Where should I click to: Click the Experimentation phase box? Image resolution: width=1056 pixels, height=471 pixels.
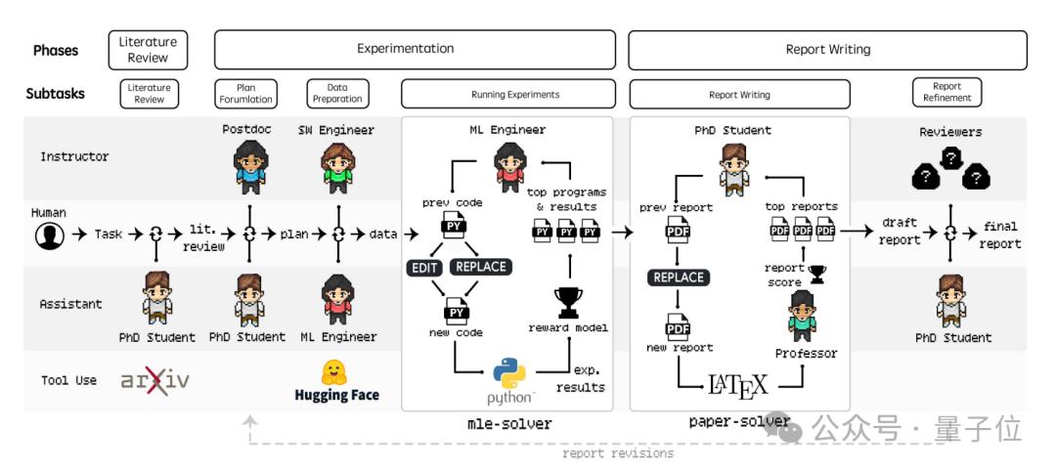415,49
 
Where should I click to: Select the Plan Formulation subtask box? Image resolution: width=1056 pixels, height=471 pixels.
245,93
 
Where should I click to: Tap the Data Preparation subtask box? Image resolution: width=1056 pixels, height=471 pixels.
336,93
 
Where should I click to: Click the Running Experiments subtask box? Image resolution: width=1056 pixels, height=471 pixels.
508,95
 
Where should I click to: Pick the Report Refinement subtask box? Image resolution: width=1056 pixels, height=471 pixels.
946,93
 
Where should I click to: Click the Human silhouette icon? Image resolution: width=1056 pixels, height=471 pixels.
49,235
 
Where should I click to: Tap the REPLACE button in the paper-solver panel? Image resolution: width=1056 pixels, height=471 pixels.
678,278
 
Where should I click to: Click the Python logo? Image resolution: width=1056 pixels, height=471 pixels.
509,374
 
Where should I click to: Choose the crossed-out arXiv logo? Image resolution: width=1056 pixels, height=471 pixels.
154,380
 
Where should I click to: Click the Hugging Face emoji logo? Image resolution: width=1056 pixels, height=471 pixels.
335,372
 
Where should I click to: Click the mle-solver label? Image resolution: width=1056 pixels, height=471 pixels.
509,423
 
